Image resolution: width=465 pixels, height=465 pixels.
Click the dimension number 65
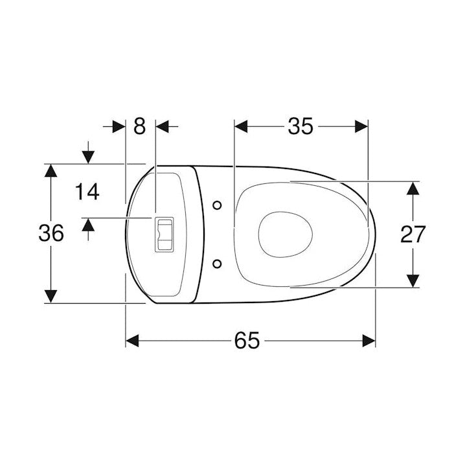[247, 341]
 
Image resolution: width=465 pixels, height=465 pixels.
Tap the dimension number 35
[301, 126]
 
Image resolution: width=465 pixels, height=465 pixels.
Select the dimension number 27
[413, 234]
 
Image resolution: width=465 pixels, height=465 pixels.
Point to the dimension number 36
[51, 232]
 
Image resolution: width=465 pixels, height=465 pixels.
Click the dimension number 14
[87, 192]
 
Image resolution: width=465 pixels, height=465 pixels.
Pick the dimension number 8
[140, 126]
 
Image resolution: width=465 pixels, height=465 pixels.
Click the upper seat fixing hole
[218, 205]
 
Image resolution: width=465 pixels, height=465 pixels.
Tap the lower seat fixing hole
[218, 264]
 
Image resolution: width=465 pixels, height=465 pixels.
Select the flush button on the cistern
[164, 234]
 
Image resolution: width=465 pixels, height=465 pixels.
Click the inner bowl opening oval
[286, 234]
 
